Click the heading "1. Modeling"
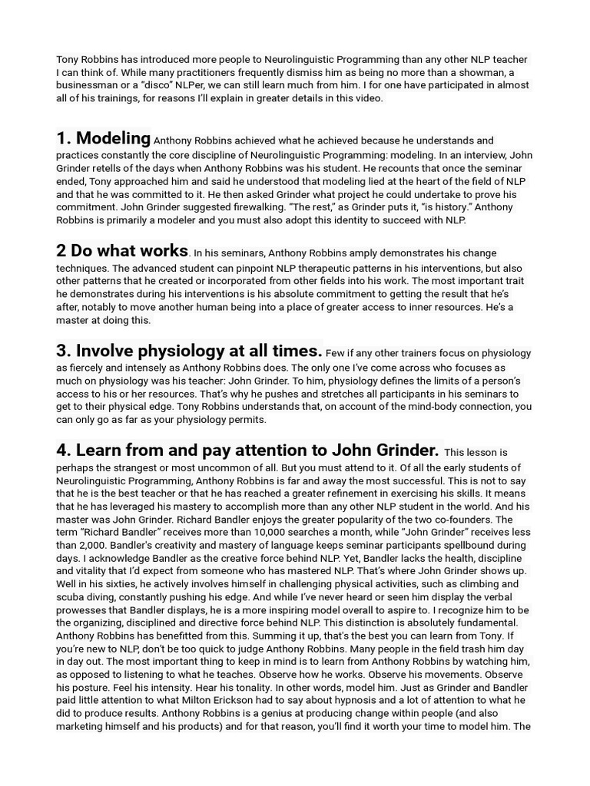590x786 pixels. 103,138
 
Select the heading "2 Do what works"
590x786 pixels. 121,250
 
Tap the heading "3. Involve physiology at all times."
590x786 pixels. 189,351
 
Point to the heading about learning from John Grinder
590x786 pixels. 247,450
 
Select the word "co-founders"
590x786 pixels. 496,520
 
